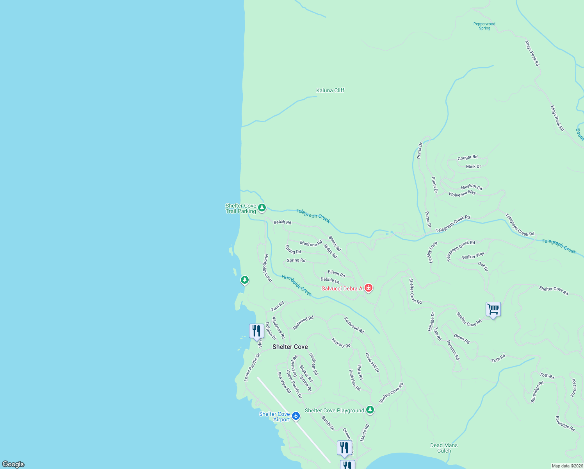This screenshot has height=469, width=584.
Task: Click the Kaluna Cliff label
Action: (330, 90)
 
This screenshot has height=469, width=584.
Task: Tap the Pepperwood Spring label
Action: (484, 26)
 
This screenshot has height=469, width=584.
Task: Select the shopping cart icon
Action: (493, 309)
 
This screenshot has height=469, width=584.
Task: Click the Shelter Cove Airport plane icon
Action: (296, 416)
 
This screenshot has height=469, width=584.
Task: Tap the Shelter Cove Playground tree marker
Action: (370, 410)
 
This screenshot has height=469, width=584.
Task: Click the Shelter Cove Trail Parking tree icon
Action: (262, 208)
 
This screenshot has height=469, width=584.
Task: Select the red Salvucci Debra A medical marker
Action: (368, 288)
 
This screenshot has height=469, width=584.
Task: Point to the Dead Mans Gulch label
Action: (444, 448)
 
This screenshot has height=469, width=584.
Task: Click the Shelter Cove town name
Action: (290, 347)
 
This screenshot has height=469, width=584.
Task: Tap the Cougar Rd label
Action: (467, 158)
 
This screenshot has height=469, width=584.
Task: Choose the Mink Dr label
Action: (474, 166)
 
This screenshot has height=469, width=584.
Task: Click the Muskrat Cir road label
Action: (472, 187)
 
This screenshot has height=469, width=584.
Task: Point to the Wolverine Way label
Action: (462, 193)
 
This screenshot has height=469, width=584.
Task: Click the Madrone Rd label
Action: (311, 244)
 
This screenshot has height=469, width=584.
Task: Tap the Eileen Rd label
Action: (336, 274)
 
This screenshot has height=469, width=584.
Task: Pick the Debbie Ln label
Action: (330, 280)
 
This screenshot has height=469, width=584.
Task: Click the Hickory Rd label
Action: (341, 343)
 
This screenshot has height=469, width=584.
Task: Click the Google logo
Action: (13, 464)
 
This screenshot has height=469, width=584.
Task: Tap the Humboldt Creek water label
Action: (297, 285)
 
